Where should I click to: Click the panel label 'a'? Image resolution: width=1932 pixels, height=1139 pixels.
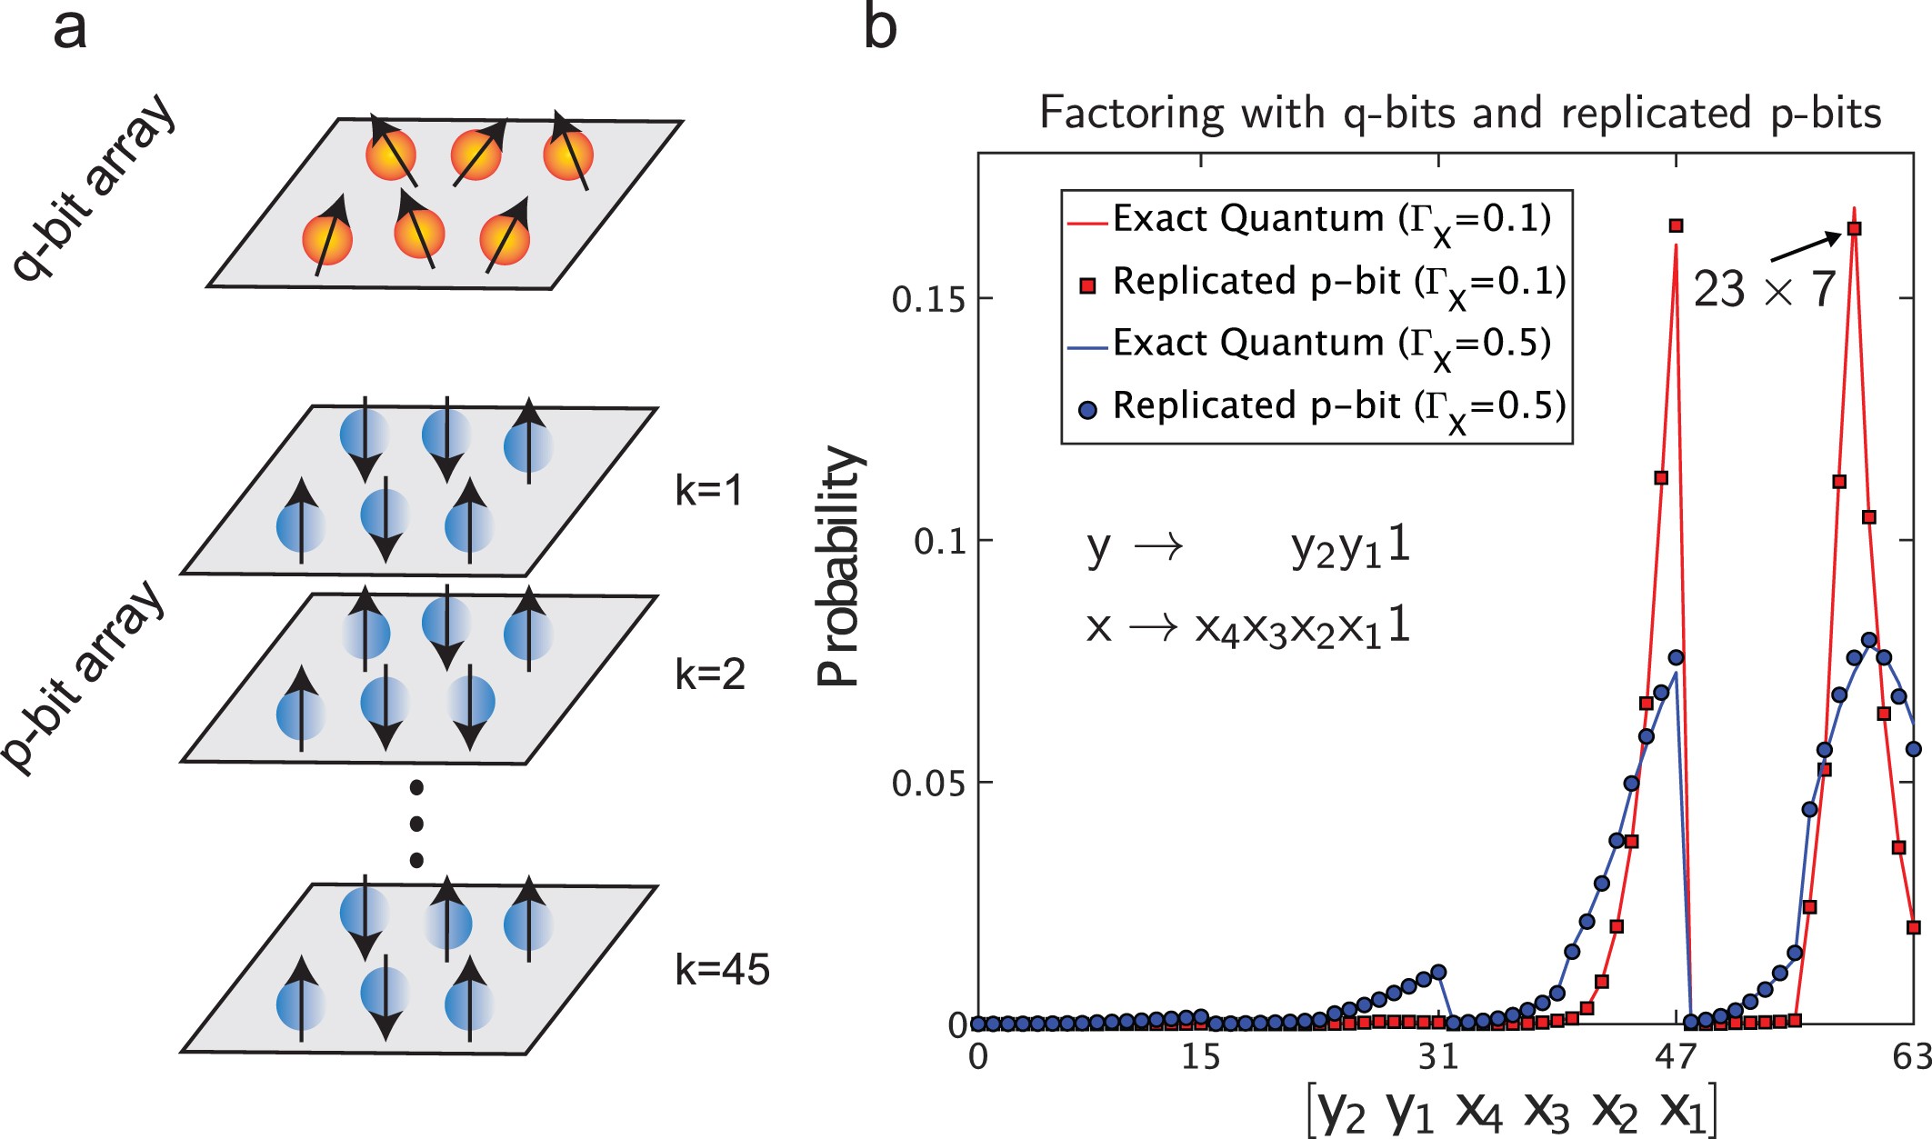pos(70,29)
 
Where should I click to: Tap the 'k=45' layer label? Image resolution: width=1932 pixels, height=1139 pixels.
pos(722,970)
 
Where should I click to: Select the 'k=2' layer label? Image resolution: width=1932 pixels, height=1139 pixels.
pos(709,674)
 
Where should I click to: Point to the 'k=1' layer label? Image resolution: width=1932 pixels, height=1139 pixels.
pos(708,491)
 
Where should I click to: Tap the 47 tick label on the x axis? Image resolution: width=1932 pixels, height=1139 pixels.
pos(1676,1057)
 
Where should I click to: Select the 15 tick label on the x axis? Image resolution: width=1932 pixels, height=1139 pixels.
pos(1200,1057)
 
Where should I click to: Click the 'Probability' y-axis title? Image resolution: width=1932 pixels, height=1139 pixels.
pos(839,565)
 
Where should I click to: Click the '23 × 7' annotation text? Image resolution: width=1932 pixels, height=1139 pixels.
pos(1763,290)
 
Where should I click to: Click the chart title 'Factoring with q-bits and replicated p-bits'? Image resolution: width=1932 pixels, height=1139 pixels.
pos(1459,114)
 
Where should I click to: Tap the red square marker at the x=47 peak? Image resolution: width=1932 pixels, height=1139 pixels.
pos(1676,225)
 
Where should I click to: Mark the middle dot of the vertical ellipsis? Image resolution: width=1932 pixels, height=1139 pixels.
pos(416,824)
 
